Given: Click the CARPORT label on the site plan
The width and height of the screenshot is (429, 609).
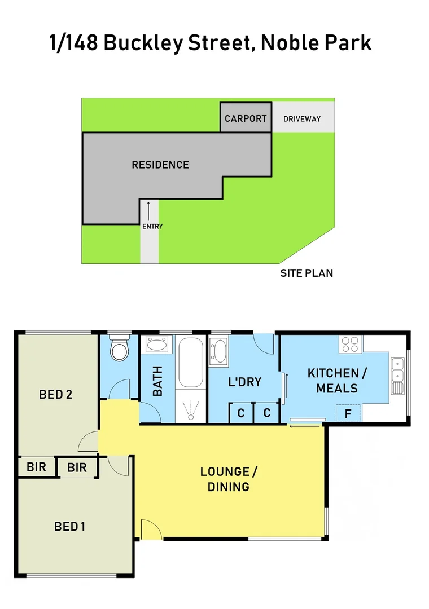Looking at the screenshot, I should point(246,118).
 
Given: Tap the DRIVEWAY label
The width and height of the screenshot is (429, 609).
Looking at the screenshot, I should point(302,119).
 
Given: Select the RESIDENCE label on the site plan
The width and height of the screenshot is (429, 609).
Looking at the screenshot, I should point(160,165).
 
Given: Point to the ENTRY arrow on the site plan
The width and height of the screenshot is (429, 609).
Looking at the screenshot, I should point(149,210).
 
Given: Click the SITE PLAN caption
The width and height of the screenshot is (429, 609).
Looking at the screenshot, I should point(307,273).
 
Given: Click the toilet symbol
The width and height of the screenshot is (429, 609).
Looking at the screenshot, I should point(119,349).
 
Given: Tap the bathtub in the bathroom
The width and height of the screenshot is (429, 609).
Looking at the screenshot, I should point(190,363).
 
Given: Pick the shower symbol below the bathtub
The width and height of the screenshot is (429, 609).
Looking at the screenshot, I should point(191,409).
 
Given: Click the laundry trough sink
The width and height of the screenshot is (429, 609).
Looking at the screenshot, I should point(218,351).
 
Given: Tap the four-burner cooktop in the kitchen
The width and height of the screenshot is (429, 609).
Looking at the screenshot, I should point(351,345).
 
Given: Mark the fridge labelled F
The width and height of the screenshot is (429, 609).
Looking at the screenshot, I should point(348,413).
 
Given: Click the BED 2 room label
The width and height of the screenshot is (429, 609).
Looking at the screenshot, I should point(55,395).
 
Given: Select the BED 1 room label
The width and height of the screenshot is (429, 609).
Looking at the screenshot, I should point(69,527).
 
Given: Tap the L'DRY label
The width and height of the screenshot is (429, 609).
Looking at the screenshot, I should point(244,382).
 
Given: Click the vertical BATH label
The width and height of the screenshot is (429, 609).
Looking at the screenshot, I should point(157,381).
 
